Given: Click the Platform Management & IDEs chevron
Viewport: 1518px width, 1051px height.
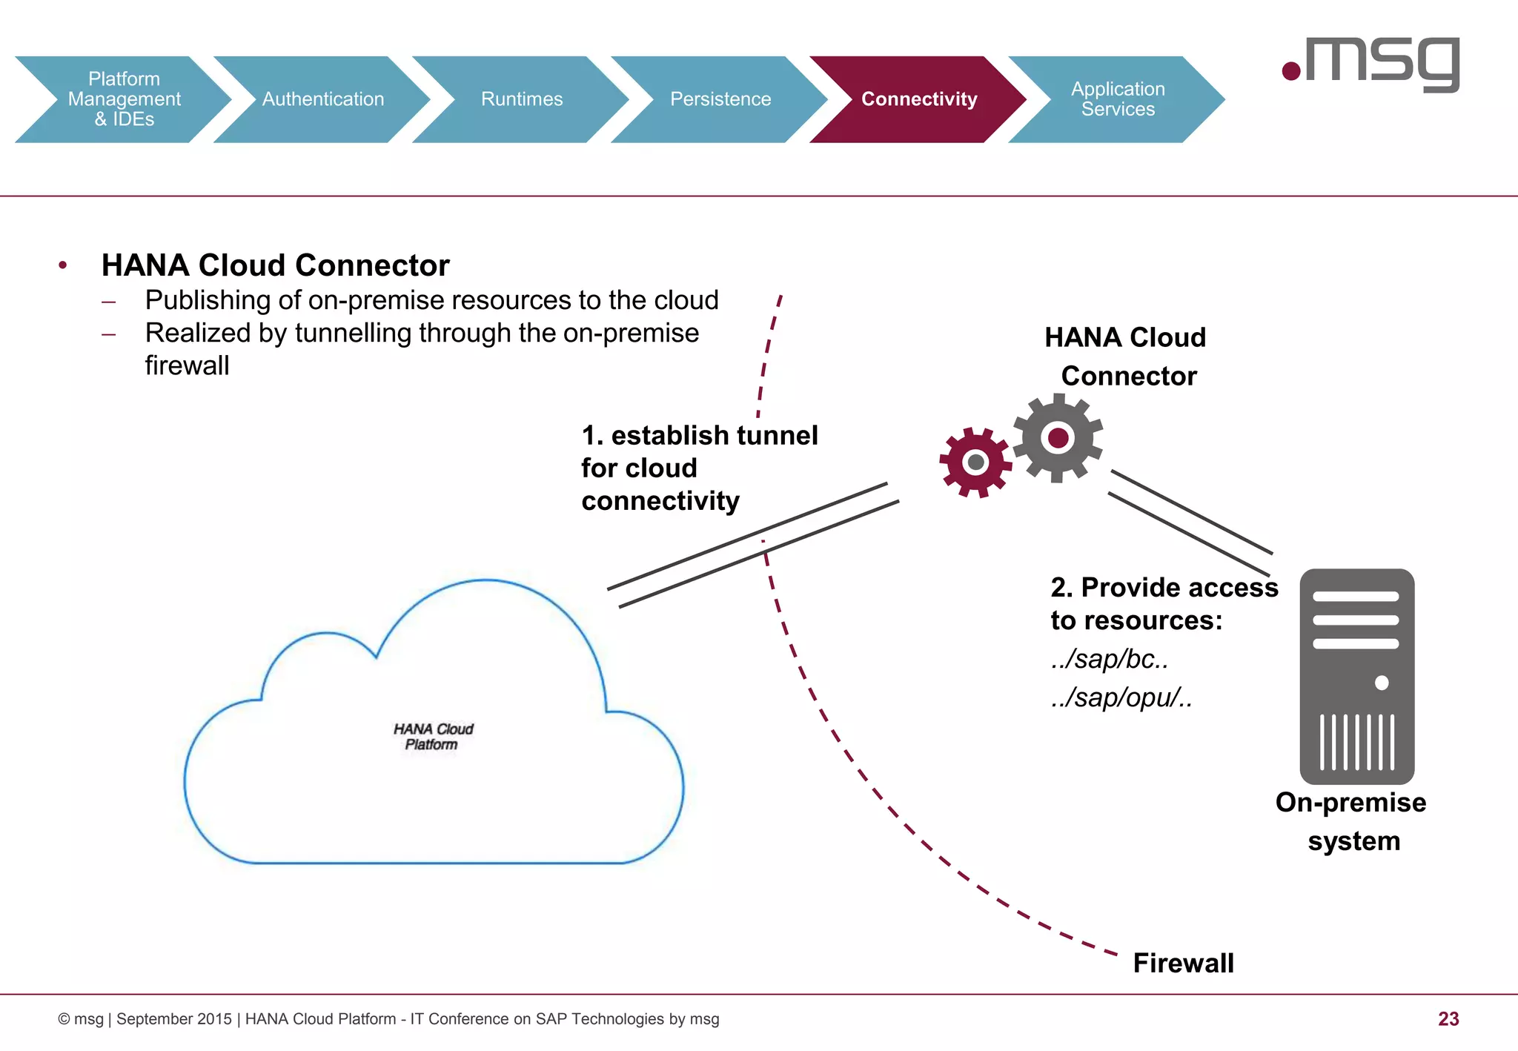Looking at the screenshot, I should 124,99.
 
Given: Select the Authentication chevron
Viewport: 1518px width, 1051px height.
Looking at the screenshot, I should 322,99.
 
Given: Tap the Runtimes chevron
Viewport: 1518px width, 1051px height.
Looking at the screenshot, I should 521,99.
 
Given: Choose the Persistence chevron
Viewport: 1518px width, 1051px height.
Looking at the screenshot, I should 720,99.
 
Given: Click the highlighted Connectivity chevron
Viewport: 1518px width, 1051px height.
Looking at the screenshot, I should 918,99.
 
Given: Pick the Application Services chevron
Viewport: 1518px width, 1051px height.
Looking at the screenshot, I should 1117,99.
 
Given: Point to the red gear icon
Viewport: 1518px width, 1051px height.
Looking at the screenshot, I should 975,462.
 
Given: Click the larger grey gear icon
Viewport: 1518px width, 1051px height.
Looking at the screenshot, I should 1058,438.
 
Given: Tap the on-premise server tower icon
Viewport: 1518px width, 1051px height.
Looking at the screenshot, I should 1356,676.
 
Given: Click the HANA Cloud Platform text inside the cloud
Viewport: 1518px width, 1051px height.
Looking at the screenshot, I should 433,737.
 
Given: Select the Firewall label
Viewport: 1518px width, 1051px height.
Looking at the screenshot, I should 1183,963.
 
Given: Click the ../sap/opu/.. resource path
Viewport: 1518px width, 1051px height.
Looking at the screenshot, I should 1121,697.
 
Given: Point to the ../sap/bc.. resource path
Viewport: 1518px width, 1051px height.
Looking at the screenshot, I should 1110,659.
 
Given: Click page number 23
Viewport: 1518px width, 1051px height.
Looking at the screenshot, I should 1448,1019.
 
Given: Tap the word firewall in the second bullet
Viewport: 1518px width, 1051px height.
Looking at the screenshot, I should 187,365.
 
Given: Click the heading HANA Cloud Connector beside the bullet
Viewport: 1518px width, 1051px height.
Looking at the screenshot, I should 275,265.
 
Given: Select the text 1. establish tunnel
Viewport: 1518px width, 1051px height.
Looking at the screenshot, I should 699,435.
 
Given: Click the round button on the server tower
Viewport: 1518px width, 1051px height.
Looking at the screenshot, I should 1382,683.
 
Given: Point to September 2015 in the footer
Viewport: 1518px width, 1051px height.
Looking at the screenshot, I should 173,1019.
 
